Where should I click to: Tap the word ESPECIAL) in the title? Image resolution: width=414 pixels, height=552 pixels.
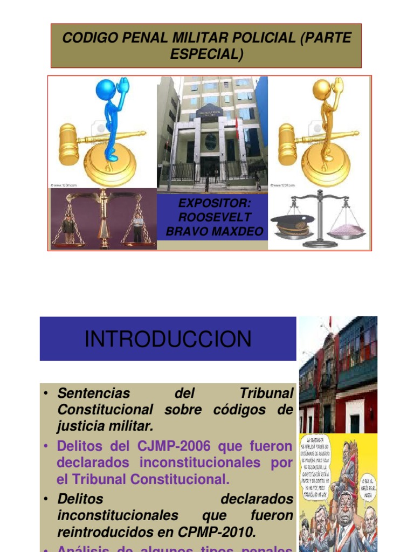206,54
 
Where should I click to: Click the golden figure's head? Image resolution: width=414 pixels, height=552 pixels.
321,89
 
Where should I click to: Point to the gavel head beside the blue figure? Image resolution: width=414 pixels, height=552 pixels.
68,144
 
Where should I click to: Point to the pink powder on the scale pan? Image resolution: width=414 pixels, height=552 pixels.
347,230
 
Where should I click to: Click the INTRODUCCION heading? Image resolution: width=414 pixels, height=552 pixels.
168,339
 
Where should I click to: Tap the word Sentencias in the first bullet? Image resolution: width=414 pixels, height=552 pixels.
94,393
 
